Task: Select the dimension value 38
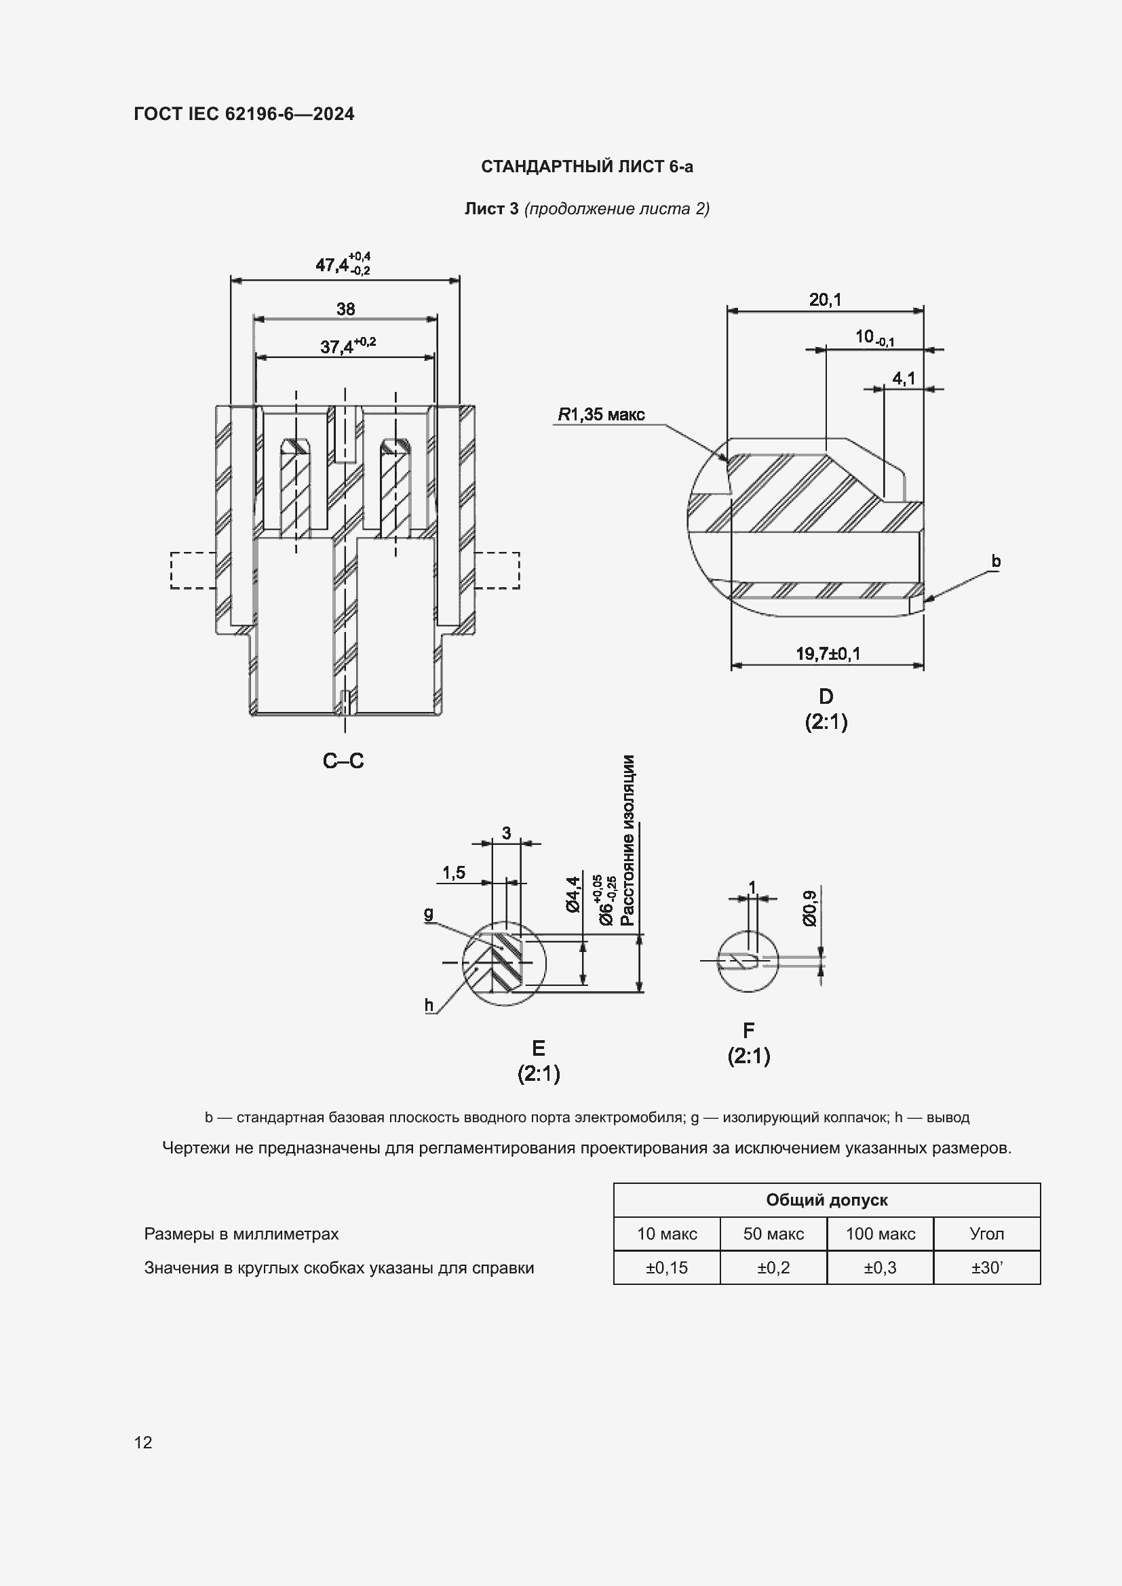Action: click(x=345, y=309)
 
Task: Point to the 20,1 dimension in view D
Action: click(x=825, y=300)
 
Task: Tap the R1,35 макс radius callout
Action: click(x=601, y=414)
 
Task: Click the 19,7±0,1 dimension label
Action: click(x=828, y=653)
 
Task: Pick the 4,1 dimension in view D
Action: click(x=903, y=378)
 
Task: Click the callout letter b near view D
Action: click(x=996, y=561)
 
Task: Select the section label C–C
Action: click(x=343, y=761)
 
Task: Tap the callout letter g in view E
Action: click(x=429, y=913)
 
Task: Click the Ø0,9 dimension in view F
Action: click(x=810, y=908)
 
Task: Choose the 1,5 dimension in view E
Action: click(x=454, y=873)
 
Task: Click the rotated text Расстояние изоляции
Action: click(x=627, y=840)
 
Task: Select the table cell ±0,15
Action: click(x=666, y=1267)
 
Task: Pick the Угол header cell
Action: click(x=986, y=1233)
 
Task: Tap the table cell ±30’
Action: click(x=986, y=1267)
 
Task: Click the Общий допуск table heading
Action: click(x=826, y=1200)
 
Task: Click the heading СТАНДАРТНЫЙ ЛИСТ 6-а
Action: click(x=587, y=167)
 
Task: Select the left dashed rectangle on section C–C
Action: click(x=193, y=570)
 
